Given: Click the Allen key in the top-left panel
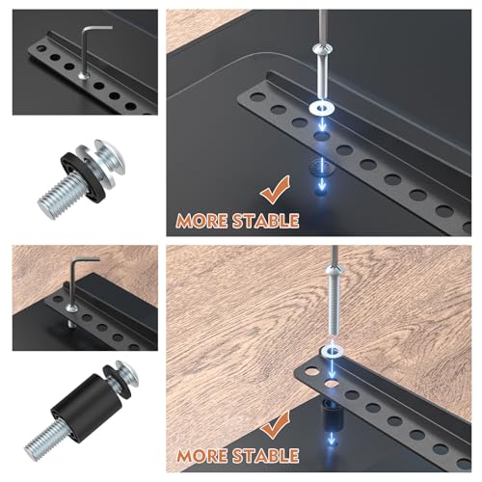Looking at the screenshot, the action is (85, 51).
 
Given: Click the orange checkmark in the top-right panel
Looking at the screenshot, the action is (276, 190).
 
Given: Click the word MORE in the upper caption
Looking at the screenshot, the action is (201, 222).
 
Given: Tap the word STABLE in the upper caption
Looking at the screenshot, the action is (265, 221).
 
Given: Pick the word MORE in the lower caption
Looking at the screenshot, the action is (202, 456).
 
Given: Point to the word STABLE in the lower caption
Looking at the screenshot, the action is (265, 455).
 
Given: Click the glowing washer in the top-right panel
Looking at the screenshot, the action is (321, 108).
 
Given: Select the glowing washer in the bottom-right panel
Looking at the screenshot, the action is (332, 350).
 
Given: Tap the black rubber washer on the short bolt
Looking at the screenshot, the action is (83, 176).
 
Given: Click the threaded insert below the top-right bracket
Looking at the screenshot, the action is (321, 166).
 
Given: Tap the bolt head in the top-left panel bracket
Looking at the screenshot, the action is (84, 76).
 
